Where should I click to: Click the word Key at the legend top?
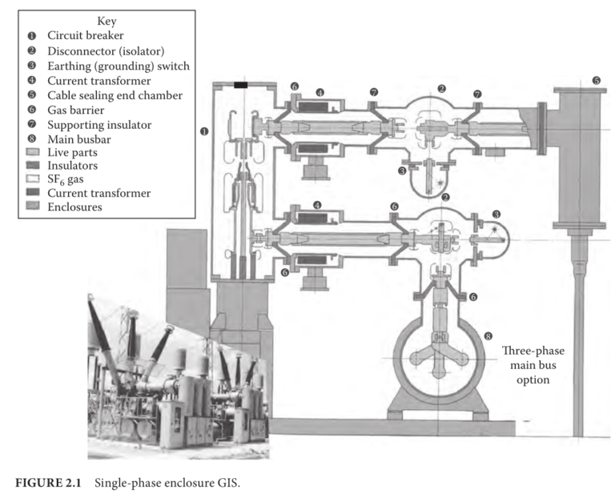click(x=106, y=21)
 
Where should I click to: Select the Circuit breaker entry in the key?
click(x=86, y=36)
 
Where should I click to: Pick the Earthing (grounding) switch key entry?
click(x=118, y=66)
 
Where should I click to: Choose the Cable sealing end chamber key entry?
click(x=115, y=96)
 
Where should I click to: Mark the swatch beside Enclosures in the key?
click(x=32, y=207)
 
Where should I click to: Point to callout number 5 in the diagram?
click(x=596, y=80)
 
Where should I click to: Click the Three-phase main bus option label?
click(x=526, y=365)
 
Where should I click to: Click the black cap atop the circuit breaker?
click(x=240, y=84)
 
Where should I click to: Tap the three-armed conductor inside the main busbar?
click(x=438, y=355)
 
